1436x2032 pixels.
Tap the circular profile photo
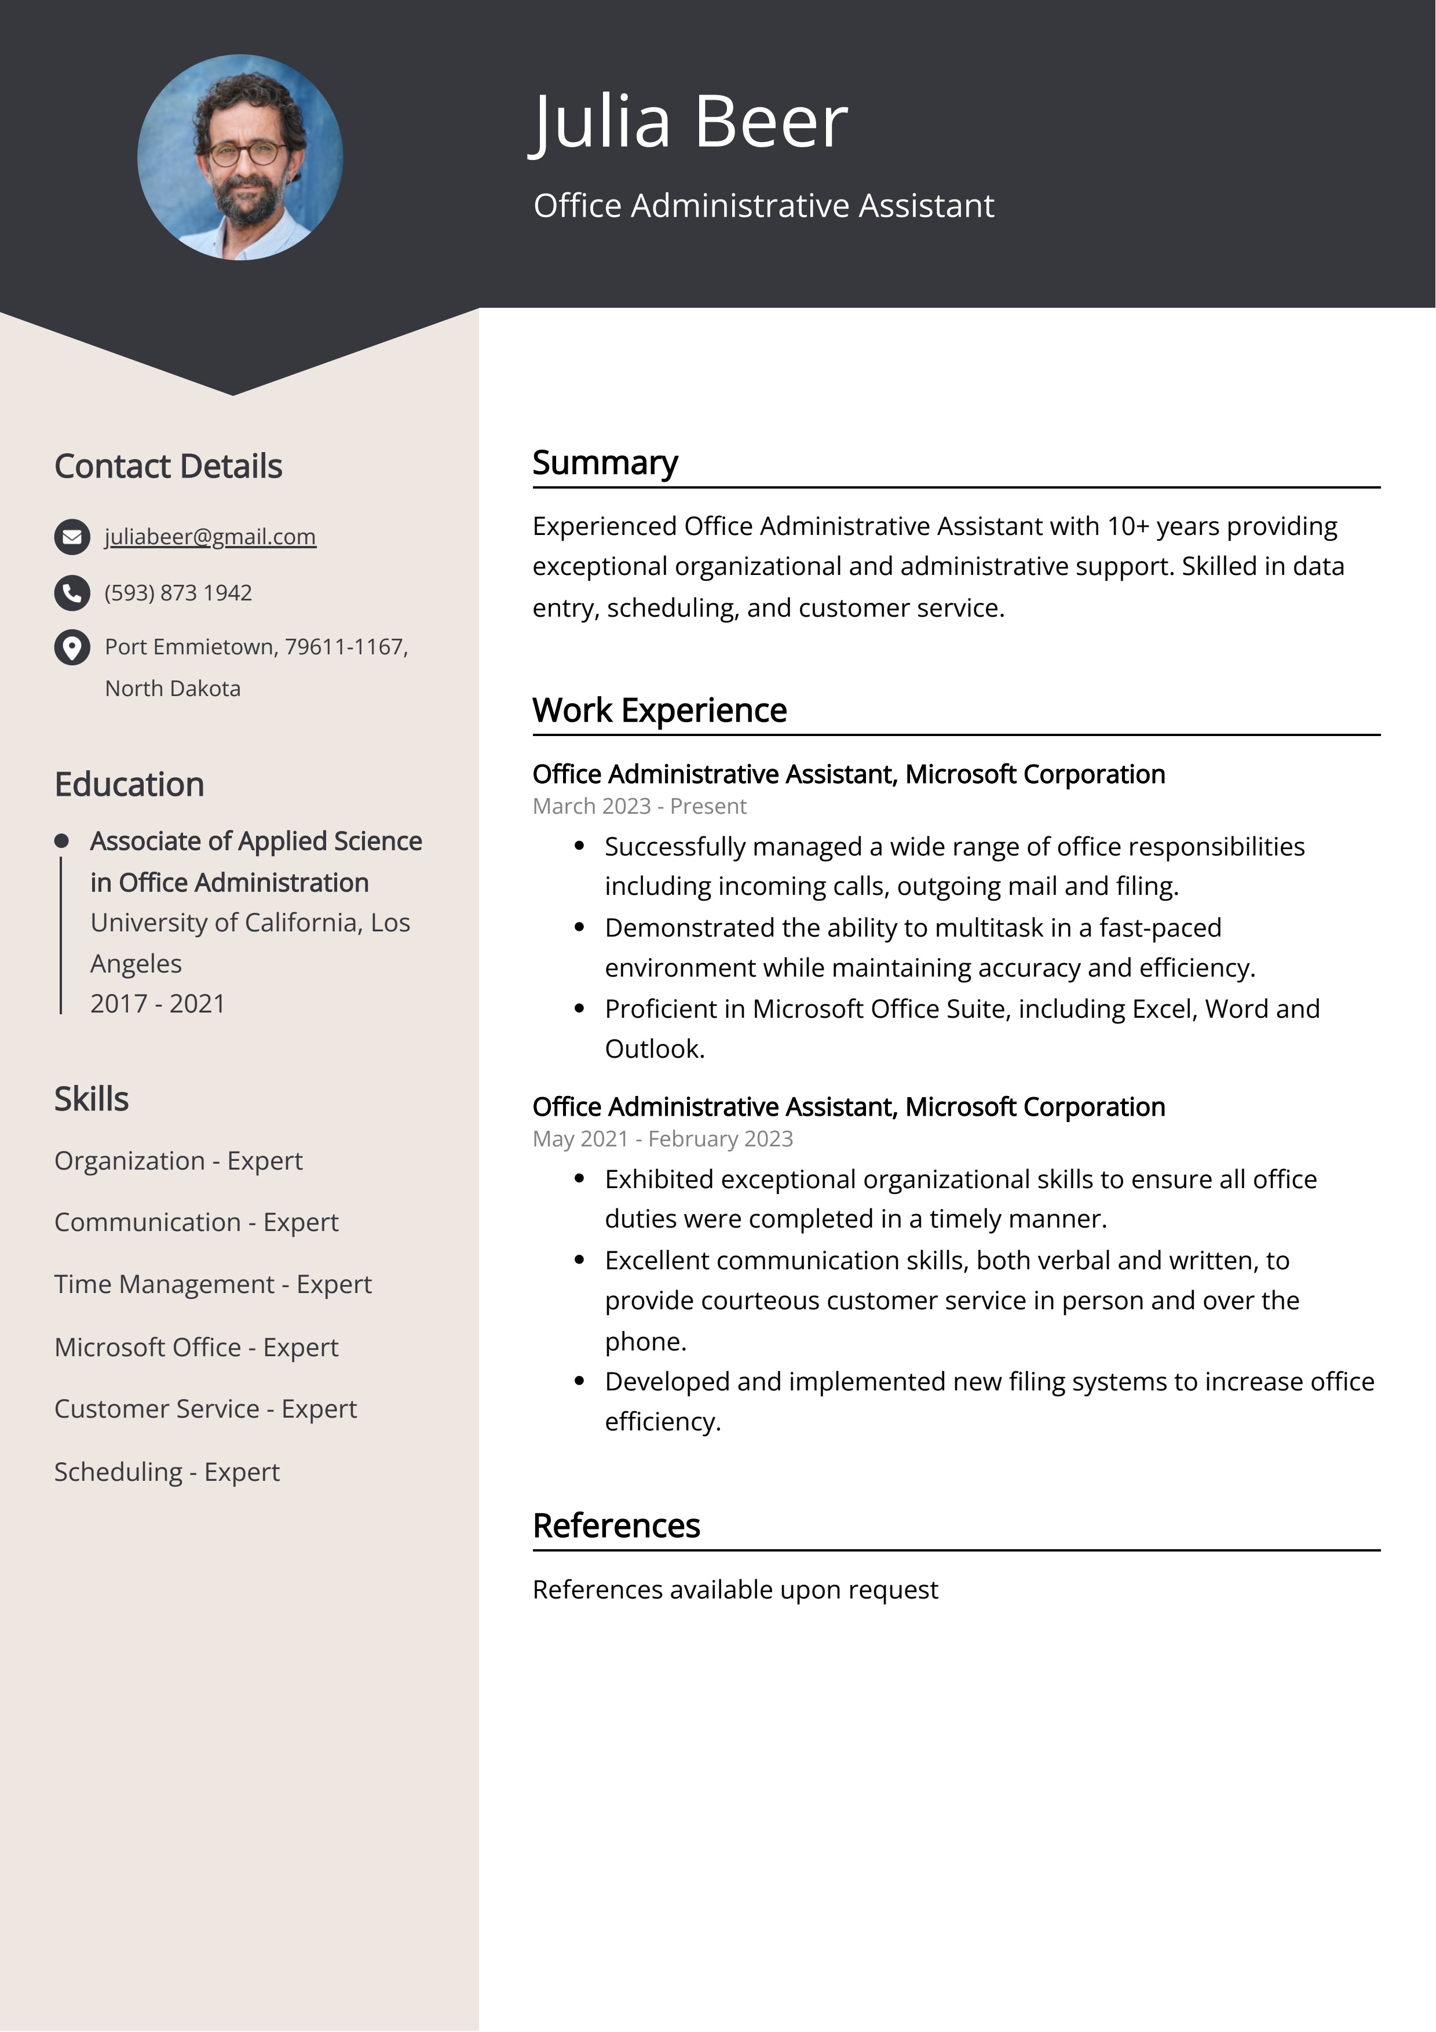[x=240, y=158]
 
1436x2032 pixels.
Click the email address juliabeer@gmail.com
[x=210, y=536]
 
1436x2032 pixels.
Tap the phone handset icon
[x=72, y=593]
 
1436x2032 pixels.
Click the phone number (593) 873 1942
[x=178, y=593]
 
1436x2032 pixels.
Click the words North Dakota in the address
[x=173, y=689]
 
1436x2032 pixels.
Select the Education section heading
[x=129, y=785]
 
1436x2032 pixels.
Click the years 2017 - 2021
[x=158, y=1004]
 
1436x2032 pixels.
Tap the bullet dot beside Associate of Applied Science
[x=61, y=841]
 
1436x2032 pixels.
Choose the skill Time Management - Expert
[x=213, y=1284]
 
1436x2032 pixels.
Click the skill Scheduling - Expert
[x=166, y=1472]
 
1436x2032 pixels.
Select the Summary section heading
[x=605, y=463]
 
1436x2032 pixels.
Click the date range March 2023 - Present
[x=639, y=806]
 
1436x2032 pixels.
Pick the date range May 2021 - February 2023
[x=662, y=1139]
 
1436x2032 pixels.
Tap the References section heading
[x=616, y=1526]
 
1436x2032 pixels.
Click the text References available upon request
[x=735, y=1589]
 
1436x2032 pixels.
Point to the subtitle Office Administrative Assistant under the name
[x=763, y=205]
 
